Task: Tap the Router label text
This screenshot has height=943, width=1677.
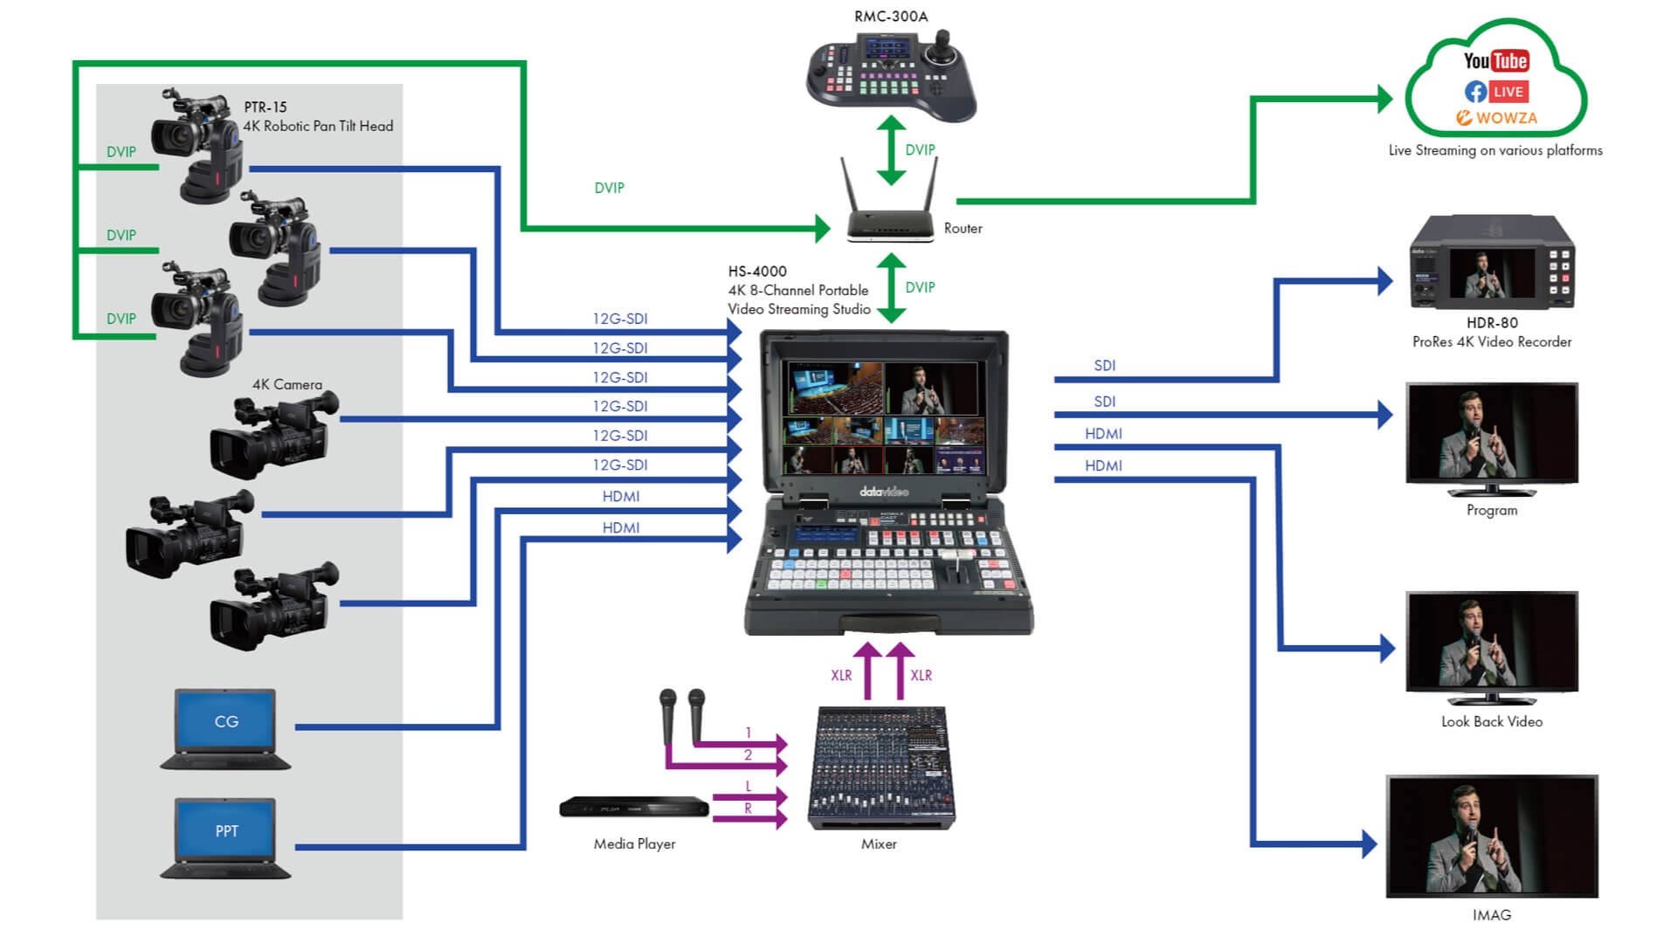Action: [963, 229]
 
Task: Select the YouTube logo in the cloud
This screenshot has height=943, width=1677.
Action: [1495, 60]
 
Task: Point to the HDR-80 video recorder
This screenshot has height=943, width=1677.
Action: [1492, 264]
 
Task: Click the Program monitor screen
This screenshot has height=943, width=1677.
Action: [1492, 431]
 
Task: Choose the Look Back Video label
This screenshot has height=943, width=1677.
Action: [1492, 722]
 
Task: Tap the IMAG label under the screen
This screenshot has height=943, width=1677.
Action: [1492, 915]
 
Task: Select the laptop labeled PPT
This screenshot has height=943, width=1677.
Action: [226, 837]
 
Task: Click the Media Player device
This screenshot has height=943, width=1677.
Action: [634, 808]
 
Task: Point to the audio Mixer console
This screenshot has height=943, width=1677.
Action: [880, 767]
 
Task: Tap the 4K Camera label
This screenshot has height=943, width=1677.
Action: [286, 384]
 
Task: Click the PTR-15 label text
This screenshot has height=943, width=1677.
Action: [266, 107]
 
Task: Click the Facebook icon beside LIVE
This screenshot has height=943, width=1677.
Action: [1475, 92]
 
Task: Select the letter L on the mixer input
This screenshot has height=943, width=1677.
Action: [748, 787]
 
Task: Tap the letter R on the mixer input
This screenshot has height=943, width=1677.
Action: [748, 809]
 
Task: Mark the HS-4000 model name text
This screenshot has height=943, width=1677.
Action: [757, 272]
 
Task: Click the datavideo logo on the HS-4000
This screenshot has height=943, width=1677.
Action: [884, 492]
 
